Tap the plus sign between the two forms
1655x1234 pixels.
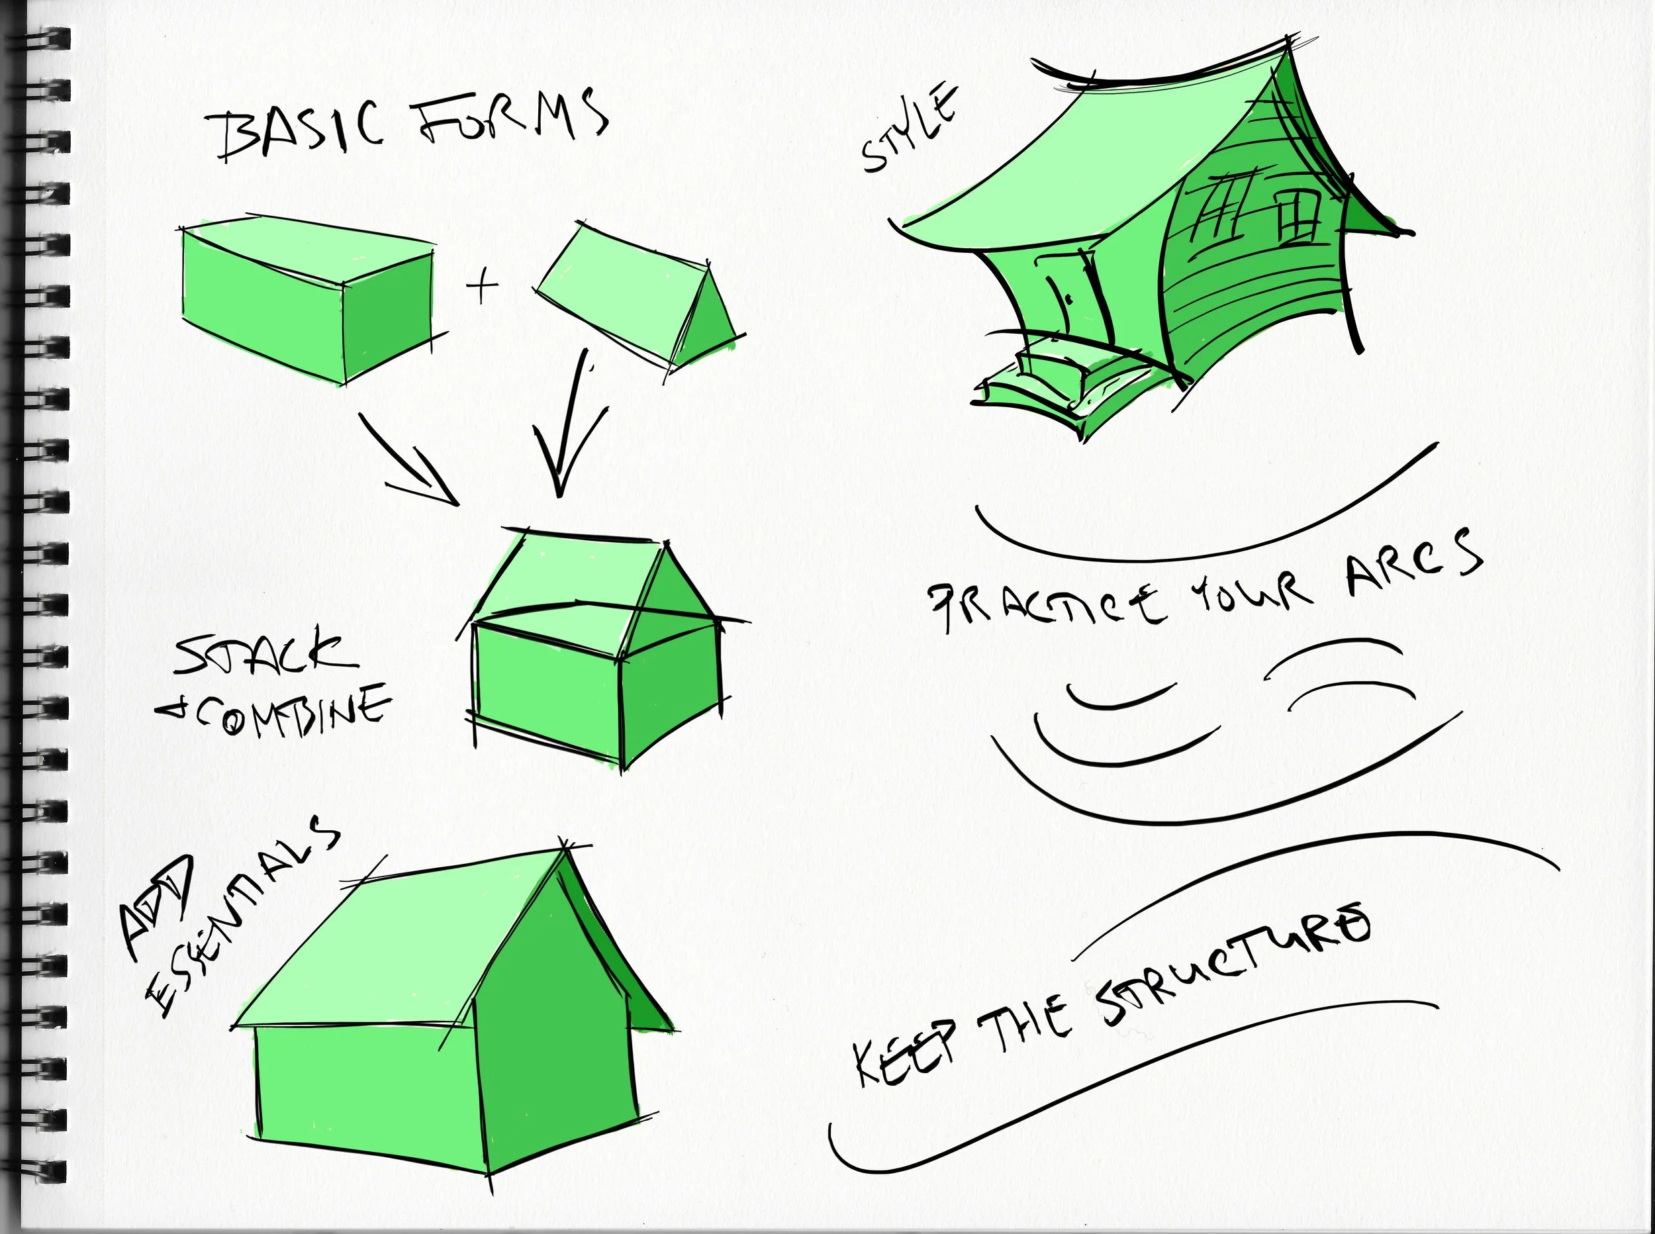483,285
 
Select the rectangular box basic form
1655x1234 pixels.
307,299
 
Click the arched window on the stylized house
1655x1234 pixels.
1298,216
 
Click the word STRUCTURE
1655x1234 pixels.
1232,971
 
